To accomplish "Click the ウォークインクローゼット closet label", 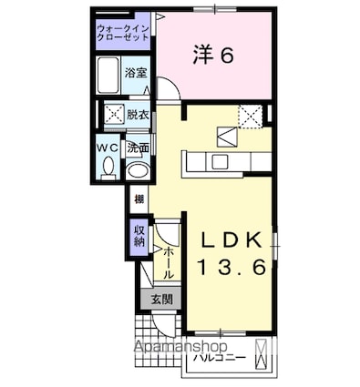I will pos(125,35).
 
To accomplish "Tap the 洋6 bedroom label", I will pos(214,55).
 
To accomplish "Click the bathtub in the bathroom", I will pos(108,76).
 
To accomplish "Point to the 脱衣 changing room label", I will pos(139,115).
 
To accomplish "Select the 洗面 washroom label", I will pos(138,148).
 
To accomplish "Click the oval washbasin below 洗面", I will pos(138,169).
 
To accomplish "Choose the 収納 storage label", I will pos(139,236).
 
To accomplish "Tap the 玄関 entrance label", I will pos(161,299).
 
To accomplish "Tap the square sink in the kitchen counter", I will pos(220,161).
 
